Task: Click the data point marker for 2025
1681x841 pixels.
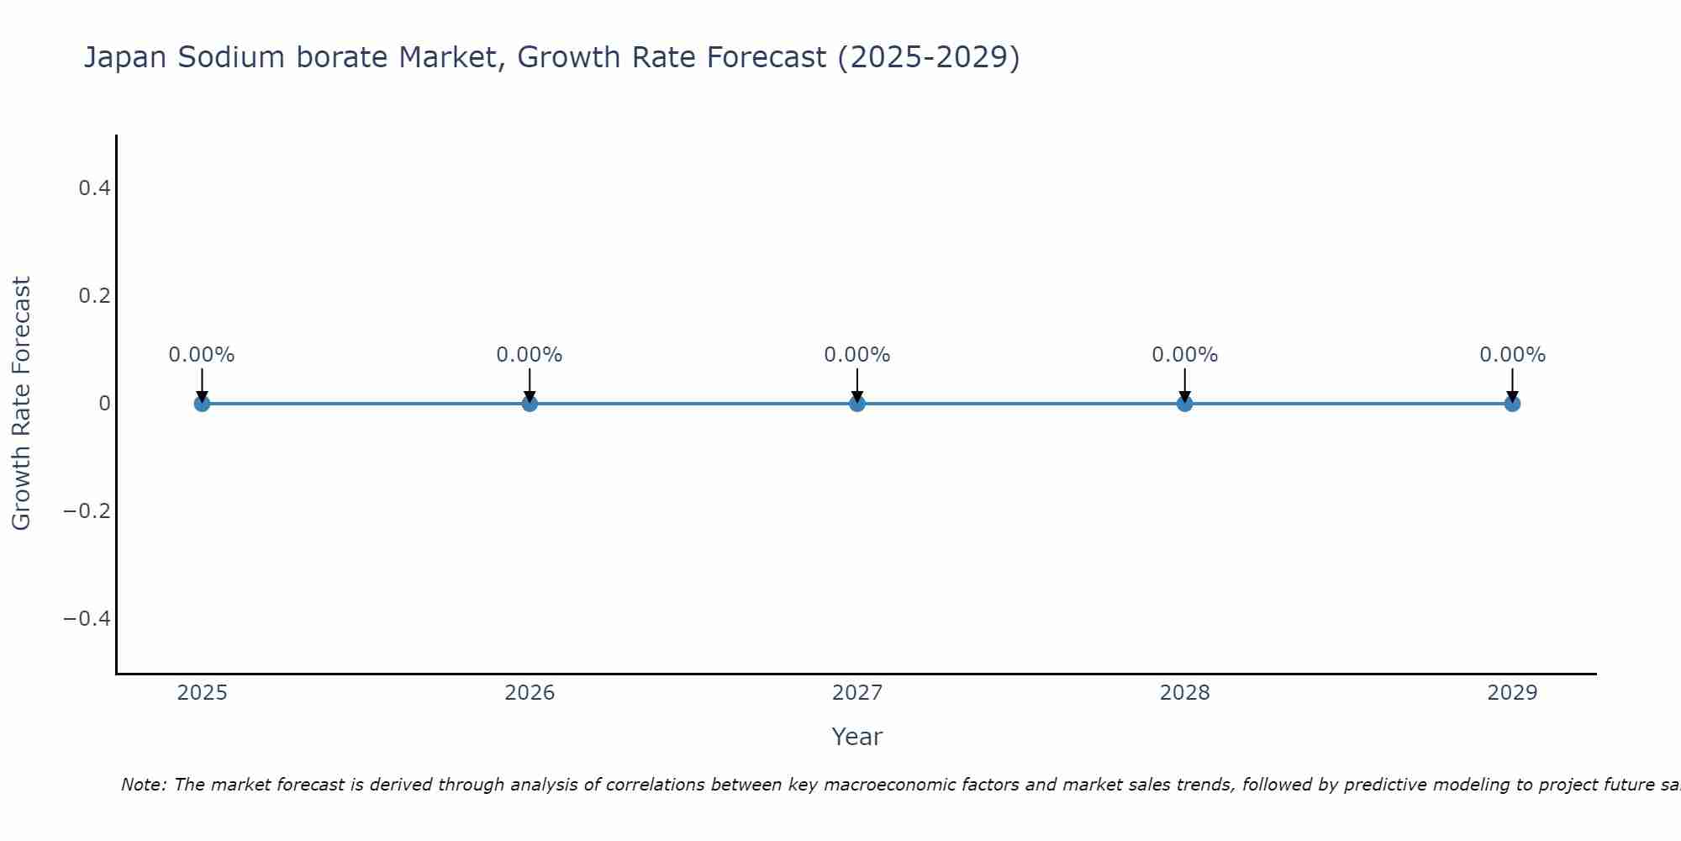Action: (x=202, y=404)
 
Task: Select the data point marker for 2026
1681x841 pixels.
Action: (x=530, y=404)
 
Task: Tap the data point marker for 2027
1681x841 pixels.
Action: (x=857, y=404)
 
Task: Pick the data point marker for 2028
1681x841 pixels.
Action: (x=1184, y=404)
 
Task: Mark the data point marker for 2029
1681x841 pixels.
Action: (x=1512, y=404)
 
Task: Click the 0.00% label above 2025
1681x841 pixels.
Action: (x=202, y=355)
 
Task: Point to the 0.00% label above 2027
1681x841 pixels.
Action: (x=857, y=355)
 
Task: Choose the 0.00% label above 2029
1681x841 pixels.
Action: (x=1512, y=355)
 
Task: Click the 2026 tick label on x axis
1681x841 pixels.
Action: (x=530, y=693)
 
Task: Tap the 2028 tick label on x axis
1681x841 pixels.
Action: (x=1184, y=693)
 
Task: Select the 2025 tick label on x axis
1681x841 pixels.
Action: (x=202, y=693)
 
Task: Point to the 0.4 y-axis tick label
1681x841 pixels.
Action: (x=94, y=188)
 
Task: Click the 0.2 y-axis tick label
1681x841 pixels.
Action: (x=94, y=296)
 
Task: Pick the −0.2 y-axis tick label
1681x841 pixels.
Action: (x=87, y=511)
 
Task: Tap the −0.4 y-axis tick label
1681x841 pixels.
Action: (x=87, y=619)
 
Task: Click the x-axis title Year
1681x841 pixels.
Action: (x=856, y=738)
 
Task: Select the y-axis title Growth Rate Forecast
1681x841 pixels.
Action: (x=21, y=404)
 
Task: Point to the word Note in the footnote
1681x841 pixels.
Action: (x=143, y=785)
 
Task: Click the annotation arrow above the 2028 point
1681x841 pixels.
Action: (x=1184, y=383)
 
